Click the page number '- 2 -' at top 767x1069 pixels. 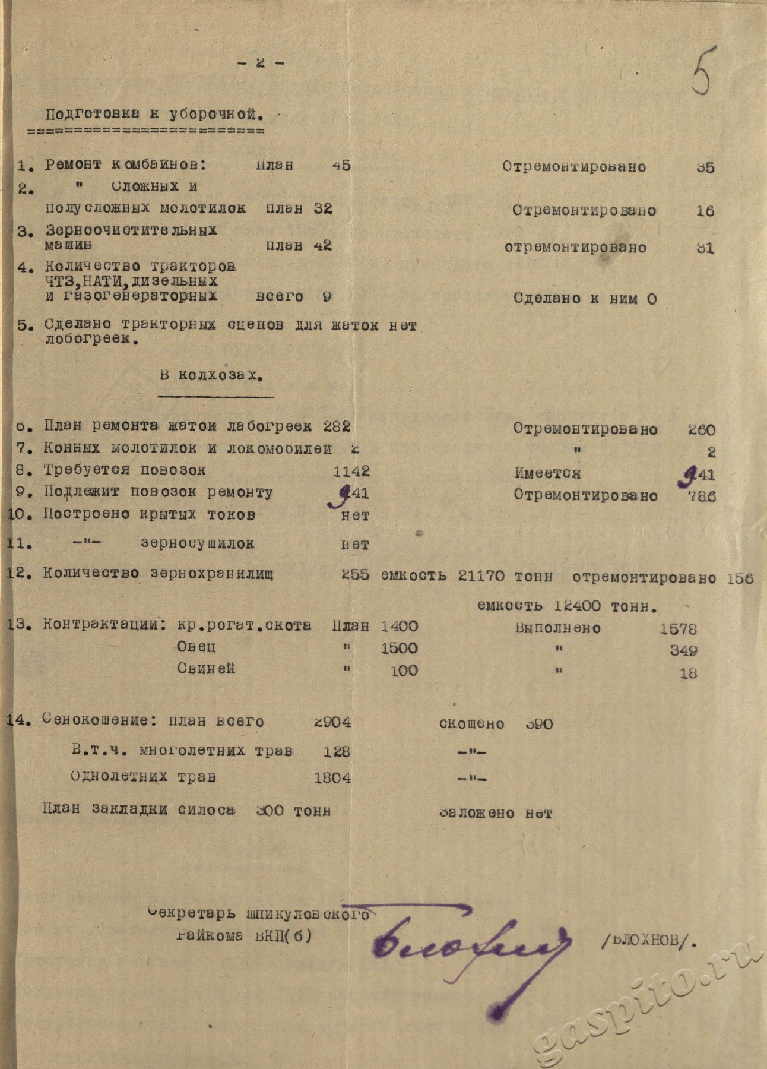pos(261,62)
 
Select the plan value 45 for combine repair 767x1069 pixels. pos(341,165)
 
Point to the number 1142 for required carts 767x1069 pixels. pos(351,471)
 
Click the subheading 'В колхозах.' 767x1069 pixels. pos(211,376)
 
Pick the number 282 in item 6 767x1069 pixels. pos(337,426)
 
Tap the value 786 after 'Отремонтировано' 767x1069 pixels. pos(702,496)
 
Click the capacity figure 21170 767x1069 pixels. pos(481,575)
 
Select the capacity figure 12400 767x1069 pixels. pos(576,606)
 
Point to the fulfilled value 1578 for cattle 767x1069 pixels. pos(679,628)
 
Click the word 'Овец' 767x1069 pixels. pos(196,647)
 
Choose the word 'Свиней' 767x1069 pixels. pos(206,669)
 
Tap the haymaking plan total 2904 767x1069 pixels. pos(332,722)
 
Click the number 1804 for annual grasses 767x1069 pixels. pos(332,777)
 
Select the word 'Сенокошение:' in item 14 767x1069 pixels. pos(99,720)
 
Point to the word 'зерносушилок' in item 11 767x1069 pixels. pos(197,543)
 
